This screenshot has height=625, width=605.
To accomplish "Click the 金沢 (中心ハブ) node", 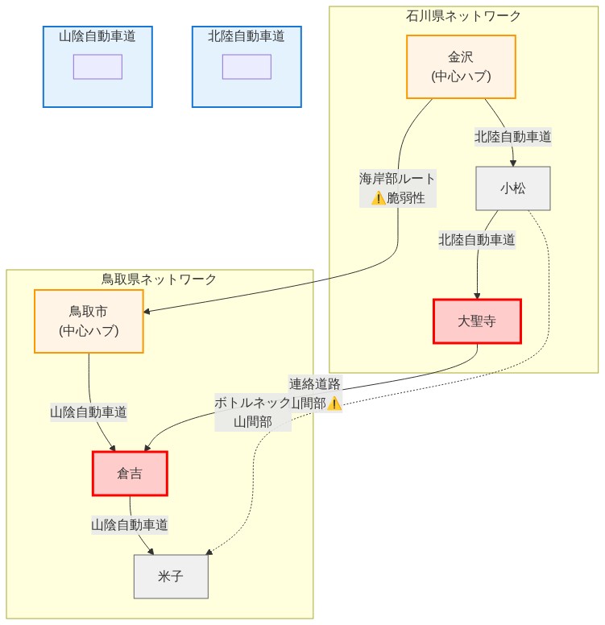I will click(x=461, y=66).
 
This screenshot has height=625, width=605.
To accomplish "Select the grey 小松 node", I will click(x=512, y=188).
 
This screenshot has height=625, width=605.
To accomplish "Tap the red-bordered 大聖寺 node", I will click(x=477, y=321).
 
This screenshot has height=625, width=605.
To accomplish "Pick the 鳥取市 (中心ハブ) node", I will click(x=89, y=321).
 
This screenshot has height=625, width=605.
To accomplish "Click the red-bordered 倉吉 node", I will click(x=130, y=474).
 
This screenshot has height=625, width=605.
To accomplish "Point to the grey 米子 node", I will click(x=171, y=576).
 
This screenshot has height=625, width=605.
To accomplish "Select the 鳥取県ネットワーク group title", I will click(x=159, y=279).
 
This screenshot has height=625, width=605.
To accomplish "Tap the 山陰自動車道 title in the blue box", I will click(x=97, y=36).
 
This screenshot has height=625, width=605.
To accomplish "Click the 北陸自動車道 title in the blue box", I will click(x=247, y=36).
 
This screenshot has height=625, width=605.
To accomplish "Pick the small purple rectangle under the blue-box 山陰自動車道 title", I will click(x=97, y=67).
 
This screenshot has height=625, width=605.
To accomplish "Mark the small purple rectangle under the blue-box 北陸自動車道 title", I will click(x=247, y=67).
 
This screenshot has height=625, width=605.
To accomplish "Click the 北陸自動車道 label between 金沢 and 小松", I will click(x=512, y=136).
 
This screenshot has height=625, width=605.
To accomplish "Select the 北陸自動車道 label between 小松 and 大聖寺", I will click(x=477, y=239).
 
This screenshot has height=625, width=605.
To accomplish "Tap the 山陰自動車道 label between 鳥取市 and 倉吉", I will click(x=89, y=412).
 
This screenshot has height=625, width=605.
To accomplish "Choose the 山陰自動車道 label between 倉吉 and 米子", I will click(x=130, y=524).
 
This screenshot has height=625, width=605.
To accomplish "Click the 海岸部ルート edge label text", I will click(x=397, y=179).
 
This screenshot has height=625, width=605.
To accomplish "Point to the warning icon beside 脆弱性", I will click(x=378, y=198).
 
